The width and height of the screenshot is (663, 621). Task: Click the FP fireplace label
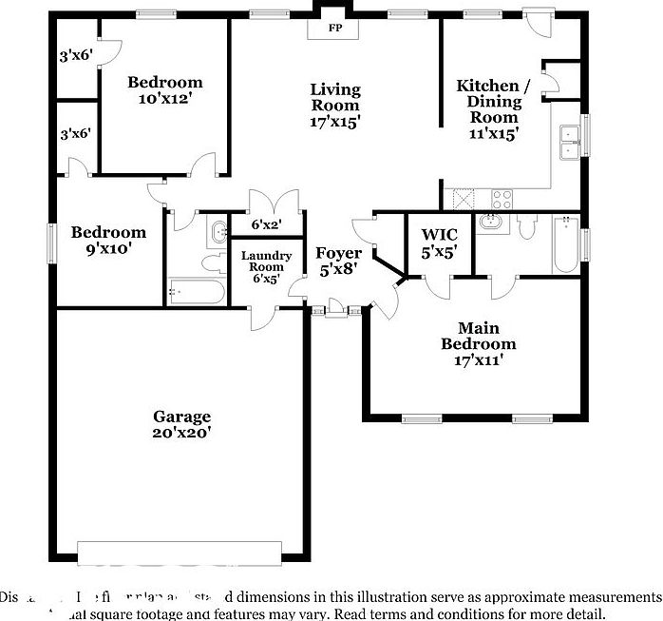pos(335,29)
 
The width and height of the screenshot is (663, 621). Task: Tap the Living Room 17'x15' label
pos(335,106)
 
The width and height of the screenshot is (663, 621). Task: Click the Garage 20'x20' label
pos(182,424)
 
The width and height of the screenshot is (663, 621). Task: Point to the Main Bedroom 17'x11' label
pos(479,344)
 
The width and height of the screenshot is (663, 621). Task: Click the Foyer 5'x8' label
pos(339,262)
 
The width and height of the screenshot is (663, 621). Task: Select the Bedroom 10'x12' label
pos(165,89)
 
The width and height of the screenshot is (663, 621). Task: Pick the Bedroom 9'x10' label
pos(108,240)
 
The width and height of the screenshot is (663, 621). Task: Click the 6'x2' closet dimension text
pos(267,225)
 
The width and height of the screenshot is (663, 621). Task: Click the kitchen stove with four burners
pos(502,199)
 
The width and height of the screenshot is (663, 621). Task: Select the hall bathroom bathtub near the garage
pos(196,291)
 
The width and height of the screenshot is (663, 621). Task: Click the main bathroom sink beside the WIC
pos(492,223)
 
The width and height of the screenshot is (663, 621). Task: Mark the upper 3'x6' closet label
pos(75,55)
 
